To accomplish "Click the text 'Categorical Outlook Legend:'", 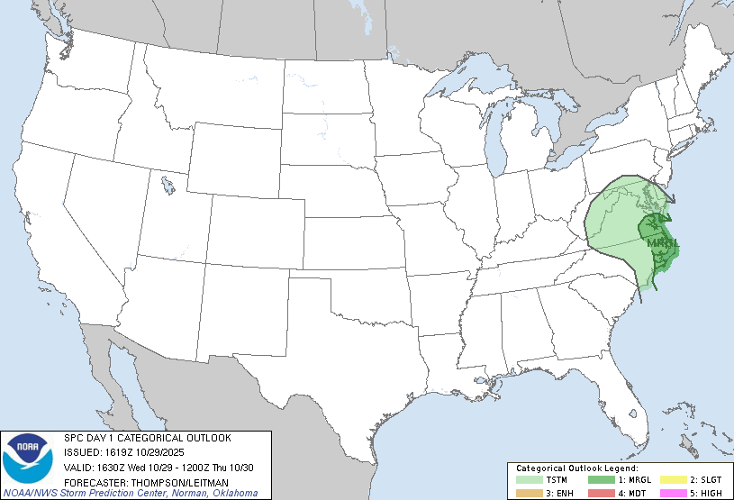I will point(577,468).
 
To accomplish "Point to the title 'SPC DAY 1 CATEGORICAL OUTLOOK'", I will point(148,438).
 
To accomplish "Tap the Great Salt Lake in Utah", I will point(168,187).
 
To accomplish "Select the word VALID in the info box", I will point(77,467).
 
